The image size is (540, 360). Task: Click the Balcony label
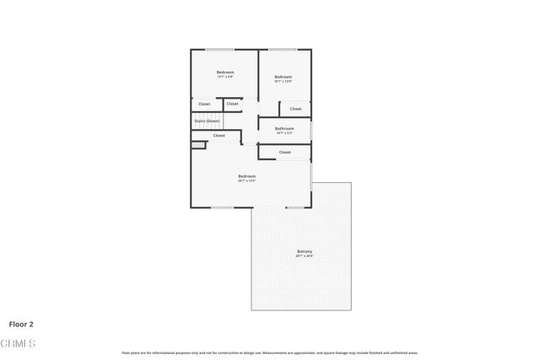coord(305,251)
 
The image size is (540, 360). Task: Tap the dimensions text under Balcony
coord(305,256)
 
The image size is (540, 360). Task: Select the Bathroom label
coord(284,128)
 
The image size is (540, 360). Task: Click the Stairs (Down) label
coord(207,121)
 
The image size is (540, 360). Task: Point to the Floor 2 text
coord(21,324)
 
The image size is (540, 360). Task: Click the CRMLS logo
coord(19,343)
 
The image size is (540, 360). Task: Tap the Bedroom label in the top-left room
coord(225,73)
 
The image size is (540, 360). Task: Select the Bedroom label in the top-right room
coord(283,77)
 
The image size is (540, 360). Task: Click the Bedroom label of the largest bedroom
coord(246,176)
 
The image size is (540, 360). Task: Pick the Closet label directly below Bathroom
coord(284,153)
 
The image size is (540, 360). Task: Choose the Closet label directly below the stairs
coord(219,136)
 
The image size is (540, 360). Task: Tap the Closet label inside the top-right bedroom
coord(295,109)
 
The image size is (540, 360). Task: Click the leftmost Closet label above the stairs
coord(204,104)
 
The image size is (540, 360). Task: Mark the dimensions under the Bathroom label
coord(284,133)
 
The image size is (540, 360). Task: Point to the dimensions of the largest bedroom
coord(246,181)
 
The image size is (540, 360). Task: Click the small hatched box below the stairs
coord(197,145)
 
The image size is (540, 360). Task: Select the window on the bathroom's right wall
coord(311,131)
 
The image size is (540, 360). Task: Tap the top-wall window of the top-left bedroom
coord(220,49)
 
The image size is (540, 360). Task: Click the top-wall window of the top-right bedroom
coord(281,49)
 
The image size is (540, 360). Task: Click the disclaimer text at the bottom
coord(270,352)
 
